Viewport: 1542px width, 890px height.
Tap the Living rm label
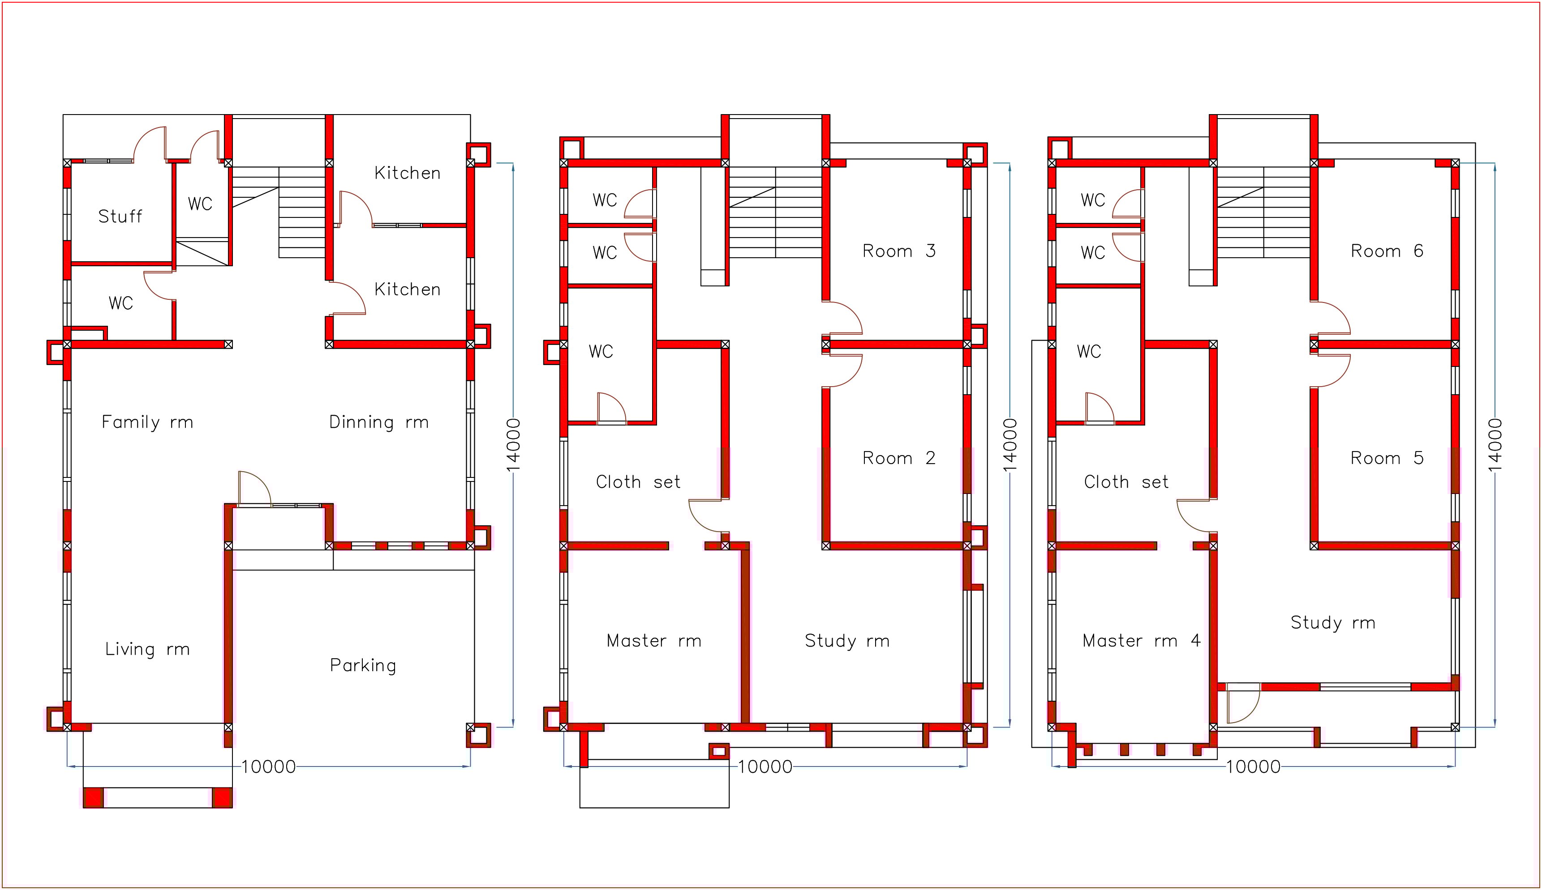pos(147,649)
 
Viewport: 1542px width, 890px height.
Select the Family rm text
pos(147,422)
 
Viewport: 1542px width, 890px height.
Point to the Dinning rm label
pos(378,422)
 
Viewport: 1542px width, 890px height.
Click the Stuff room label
pos(120,217)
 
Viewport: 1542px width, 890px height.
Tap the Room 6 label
pos(1387,251)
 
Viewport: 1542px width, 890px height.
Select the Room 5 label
pos(1387,458)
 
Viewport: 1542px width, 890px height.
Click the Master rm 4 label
pos(1141,641)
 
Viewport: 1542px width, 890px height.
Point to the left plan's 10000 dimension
pos(269,767)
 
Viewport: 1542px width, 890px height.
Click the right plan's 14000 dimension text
pos(1495,445)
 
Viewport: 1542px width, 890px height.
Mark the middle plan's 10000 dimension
pos(765,767)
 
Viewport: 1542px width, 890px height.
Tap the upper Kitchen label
pos(408,173)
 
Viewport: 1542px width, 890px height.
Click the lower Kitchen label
pos(408,289)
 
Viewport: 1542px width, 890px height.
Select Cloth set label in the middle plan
pos(638,481)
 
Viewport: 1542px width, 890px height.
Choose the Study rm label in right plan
pos(1333,622)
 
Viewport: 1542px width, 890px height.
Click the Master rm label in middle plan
pos(654,641)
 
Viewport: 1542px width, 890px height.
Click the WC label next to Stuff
pos(200,204)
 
